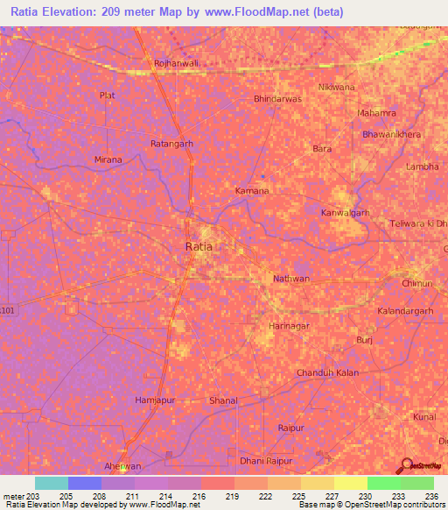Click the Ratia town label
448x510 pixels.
click(199, 247)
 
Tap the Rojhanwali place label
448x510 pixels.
click(175, 63)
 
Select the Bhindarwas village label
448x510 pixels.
click(277, 99)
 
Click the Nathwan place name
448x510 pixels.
click(291, 279)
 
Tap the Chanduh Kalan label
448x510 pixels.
click(328, 372)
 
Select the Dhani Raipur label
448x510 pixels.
click(264, 459)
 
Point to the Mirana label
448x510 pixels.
click(108, 159)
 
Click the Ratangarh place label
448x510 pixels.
click(171, 143)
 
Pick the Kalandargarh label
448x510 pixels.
click(405, 311)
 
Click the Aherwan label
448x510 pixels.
click(122, 466)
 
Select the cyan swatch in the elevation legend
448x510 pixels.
click(52, 483)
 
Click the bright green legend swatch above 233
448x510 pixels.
click(383, 483)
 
